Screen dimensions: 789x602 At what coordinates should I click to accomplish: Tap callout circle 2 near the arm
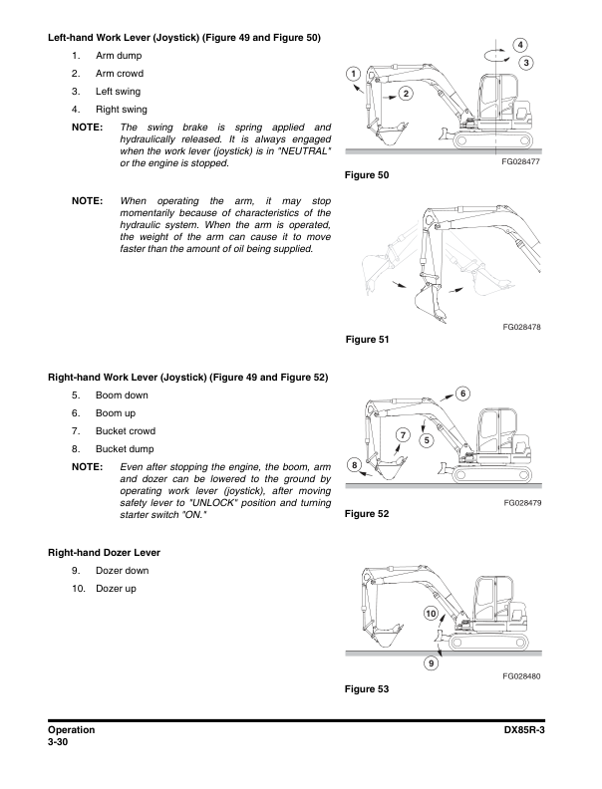(x=406, y=94)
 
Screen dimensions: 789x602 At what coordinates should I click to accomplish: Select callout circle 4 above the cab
(x=521, y=45)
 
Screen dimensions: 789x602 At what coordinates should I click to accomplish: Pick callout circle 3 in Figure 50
(x=527, y=64)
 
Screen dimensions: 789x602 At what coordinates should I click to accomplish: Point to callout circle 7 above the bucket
(x=404, y=434)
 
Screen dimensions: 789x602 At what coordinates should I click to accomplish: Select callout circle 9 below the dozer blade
(x=431, y=662)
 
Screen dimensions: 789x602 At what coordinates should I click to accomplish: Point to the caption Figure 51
(x=365, y=340)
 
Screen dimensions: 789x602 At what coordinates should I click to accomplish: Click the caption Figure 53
(x=365, y=689)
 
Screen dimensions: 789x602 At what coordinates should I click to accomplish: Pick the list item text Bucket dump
(x=126, y=448)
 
